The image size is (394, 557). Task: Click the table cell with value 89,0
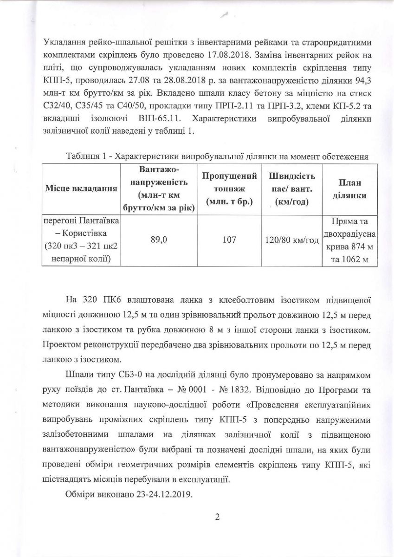point(159,240)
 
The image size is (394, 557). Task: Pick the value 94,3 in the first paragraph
point(361,81)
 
